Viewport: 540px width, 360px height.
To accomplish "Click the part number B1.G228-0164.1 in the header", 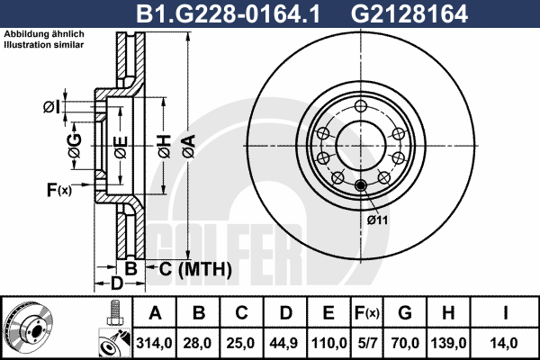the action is pyautogui.click(x=229, y=13).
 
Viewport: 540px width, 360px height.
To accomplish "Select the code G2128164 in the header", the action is pyautogui.click(x=409, y=13).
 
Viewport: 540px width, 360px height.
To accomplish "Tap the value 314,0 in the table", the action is pyautogui.click(x=154, y=343).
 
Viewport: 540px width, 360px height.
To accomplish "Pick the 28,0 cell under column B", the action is pyautogui.click(x=197, y=343).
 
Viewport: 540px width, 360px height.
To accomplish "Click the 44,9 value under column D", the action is pyautogui.click(x=284, y=343).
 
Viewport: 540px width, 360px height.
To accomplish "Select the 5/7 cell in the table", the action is pyautogui.click(x=367, y=343).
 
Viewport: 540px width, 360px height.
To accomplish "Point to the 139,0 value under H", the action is pyautogui.click(x=449, y=343).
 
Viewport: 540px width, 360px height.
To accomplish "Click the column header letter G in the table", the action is pyautogui.click(x=405, y=313).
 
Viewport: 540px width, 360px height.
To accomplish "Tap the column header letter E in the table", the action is pyautogui.click(x=328, y=313).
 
